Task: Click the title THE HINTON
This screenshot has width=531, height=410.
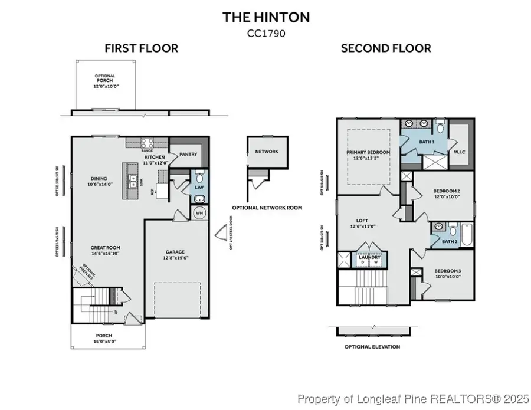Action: click(x=265, y=17)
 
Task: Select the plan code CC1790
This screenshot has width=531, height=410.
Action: click(x=265, y=34)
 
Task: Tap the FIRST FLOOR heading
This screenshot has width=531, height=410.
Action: click(x=141, y=48)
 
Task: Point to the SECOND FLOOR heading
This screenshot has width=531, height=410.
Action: click(x=386, y=48)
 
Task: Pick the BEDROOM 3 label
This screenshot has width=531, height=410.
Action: click(x=447, y=273)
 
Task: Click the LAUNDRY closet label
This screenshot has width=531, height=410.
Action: click(x=370, y=258)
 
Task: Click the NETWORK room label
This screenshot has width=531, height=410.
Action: click(x=266, y=152)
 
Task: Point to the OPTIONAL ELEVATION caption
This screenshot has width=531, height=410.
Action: click(x=372, y=347)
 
